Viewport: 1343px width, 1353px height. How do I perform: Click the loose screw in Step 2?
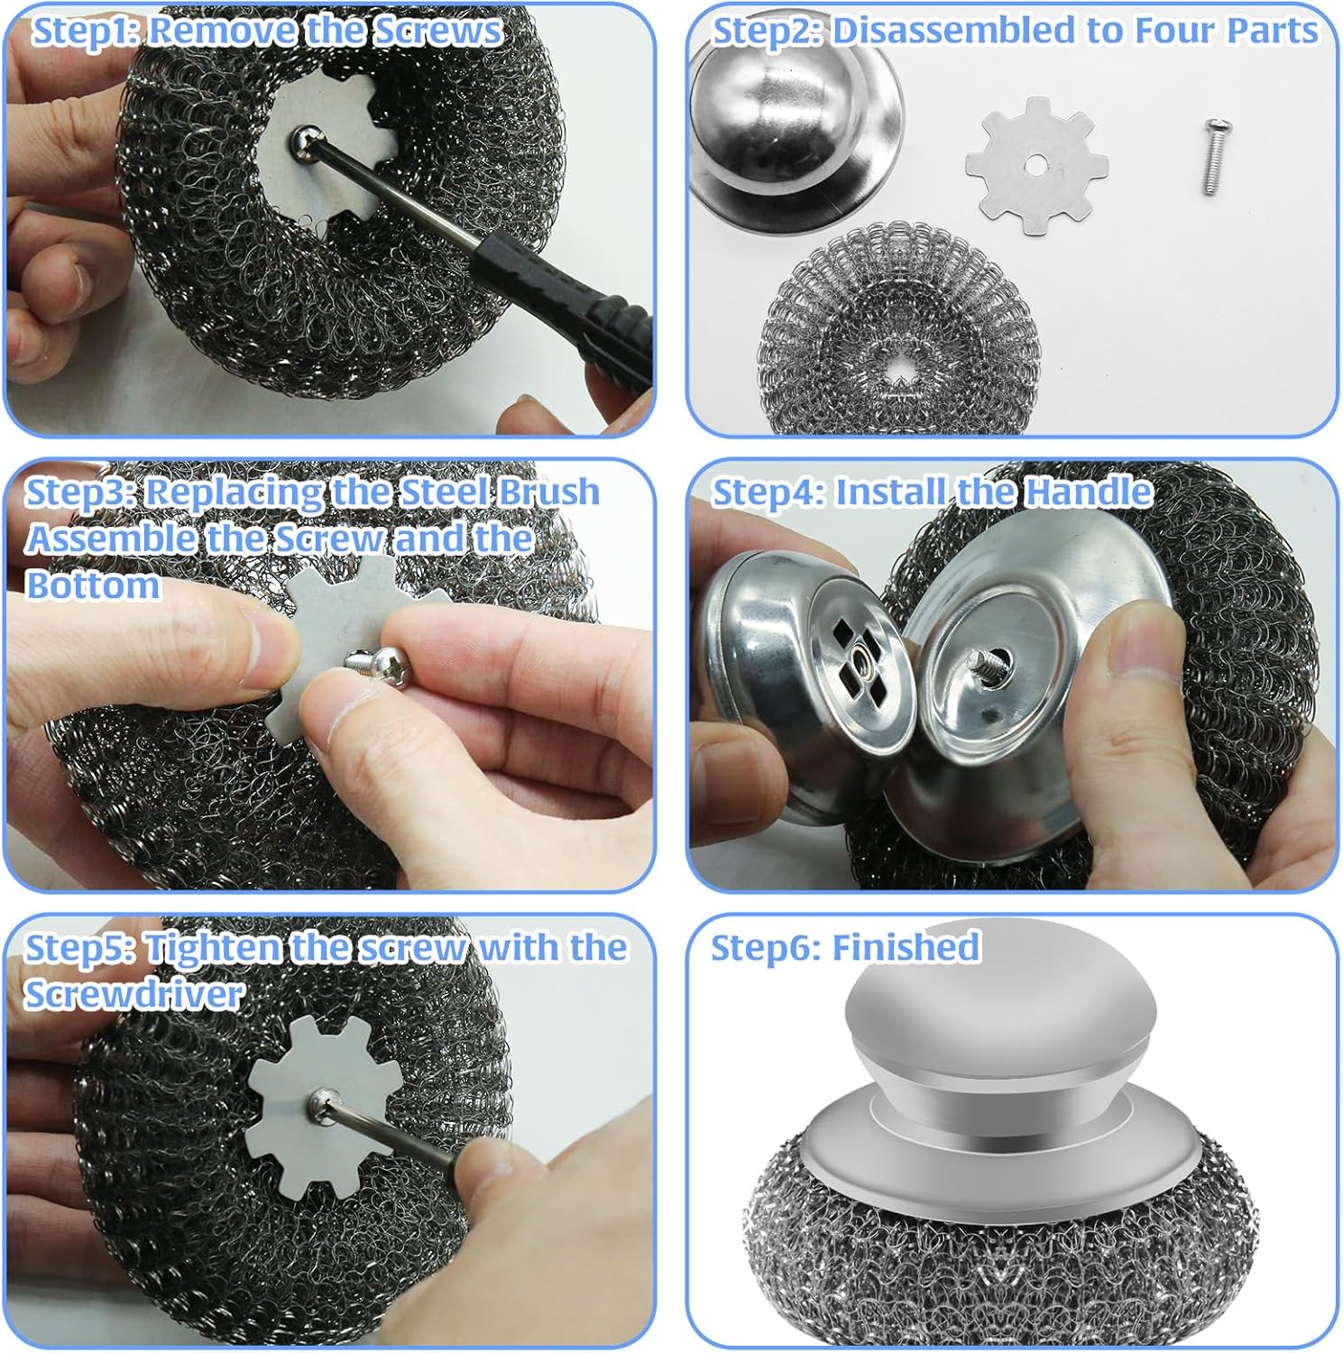[x=1212, y=160]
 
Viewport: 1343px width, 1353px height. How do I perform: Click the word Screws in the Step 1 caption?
[x=437, y=31]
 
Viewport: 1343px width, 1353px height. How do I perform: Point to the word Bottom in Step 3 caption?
[x=93, y=585]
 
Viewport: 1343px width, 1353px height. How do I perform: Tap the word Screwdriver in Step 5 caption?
[x=134, y=994]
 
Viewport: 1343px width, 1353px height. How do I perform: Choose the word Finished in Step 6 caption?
[x=906, y=948]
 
